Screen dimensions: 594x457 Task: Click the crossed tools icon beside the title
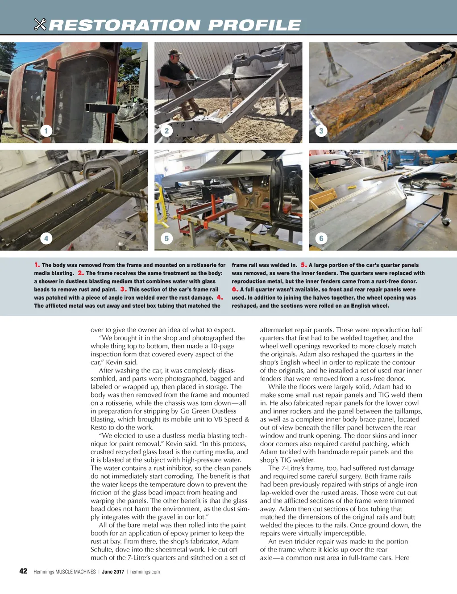[40, 25]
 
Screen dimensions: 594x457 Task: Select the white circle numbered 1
[46, 131]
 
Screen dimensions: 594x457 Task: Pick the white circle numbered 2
[167, 131]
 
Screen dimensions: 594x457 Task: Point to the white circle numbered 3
[321, 131]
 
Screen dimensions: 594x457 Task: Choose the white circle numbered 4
[46, 238]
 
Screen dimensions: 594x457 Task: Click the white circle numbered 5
[167, 238]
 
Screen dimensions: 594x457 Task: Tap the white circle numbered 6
[321, 238]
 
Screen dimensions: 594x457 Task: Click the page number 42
[23, 571]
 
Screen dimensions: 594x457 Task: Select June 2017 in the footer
[113, 572]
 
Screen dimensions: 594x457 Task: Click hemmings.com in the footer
[145, 572]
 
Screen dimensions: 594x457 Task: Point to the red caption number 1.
[37, 265]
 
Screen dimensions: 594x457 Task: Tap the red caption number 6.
[235, 289]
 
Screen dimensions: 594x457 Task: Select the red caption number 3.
[123, 289]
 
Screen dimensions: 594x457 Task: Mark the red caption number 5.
[303, 265]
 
